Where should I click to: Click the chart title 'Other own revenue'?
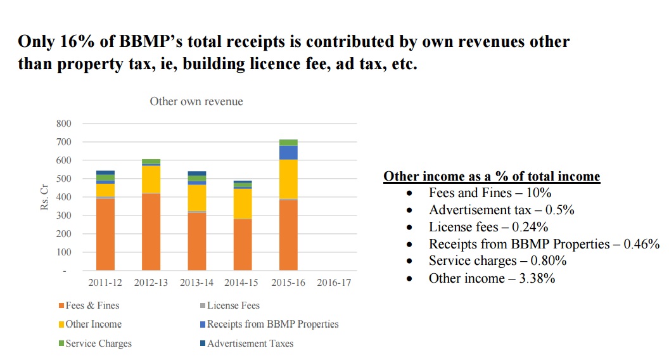click(x=196, y=101)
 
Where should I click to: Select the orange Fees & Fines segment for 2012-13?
click(x=151, y=232)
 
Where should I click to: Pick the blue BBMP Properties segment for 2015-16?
click(x=288, y=152)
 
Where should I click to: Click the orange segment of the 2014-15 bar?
click(x=242, y=245)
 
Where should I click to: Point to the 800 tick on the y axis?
click(x=64, y=123)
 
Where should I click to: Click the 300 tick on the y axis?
click(x=64, y=215)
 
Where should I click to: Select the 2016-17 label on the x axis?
click(x=333, y=283)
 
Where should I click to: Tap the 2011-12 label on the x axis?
click(x=105, y=283)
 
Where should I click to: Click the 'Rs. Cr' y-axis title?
click(x=45, y=197)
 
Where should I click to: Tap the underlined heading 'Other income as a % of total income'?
click(x=492, y=176)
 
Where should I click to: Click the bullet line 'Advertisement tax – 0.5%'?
click(x=501, y=210)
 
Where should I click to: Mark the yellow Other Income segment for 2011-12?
click(x=105, y=190)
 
